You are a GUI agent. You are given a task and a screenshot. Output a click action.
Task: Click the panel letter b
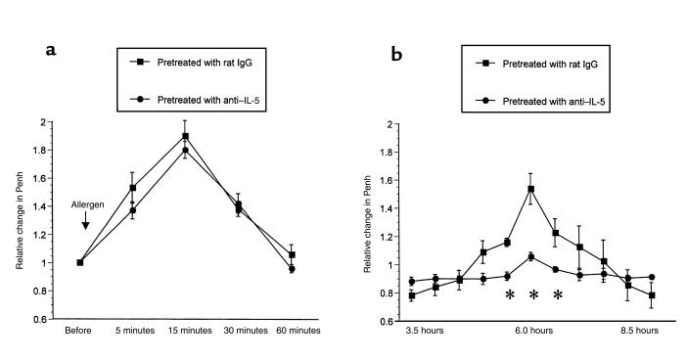397,56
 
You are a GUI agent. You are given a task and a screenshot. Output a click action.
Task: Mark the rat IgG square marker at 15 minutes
185,136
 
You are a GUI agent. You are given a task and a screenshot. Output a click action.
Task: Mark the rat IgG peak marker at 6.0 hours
531,189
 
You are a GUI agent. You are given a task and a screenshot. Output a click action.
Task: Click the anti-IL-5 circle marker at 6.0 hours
531,256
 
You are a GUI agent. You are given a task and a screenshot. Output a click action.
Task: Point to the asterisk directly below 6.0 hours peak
533,295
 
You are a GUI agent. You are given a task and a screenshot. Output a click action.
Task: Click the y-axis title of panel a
21,222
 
